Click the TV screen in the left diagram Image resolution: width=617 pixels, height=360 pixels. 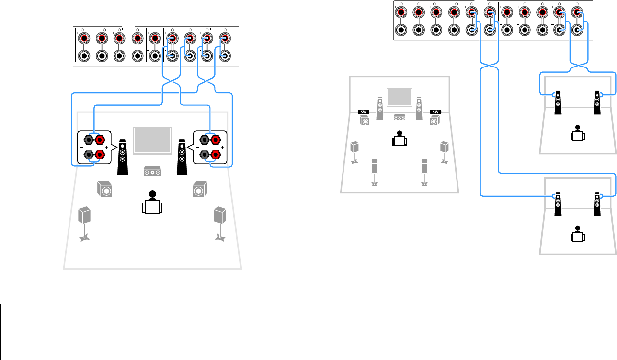tap(152, 140)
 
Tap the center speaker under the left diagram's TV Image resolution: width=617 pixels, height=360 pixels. tap(153, 171)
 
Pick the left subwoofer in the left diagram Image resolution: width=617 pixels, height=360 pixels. tap(104, 189)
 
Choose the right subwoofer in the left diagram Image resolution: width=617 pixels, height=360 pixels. tap(199, 189)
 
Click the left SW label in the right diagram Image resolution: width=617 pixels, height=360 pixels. tap(364, 112)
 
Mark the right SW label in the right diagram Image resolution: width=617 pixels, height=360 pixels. tap(435, 112)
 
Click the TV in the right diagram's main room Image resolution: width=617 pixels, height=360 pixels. tap(400, 97)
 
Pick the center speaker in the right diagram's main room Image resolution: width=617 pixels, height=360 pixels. tap(399, 117)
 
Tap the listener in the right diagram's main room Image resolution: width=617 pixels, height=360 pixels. tap(400, 139)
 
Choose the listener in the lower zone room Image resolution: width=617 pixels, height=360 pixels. tap(578, 234)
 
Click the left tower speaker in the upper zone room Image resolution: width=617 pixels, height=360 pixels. tap(558, 103)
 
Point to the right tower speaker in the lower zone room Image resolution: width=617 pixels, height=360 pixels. tap(597, 204)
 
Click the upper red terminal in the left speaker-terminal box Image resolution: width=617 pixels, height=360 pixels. tap(100, 141)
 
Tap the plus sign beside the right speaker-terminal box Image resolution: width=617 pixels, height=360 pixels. tap(223, 147)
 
